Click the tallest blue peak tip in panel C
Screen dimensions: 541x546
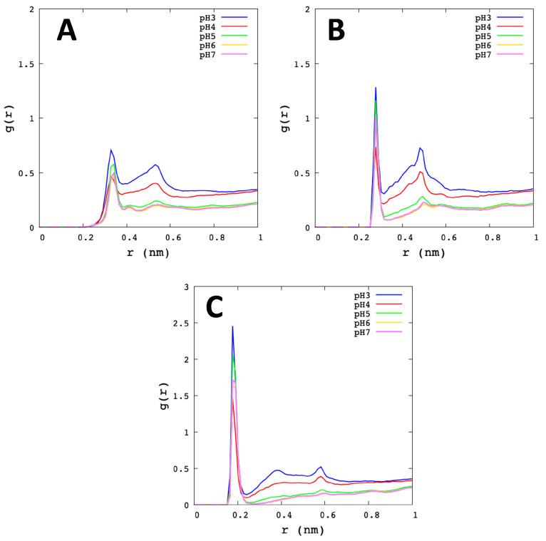[x=232, y=326]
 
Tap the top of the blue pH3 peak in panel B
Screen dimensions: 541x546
[x=376, y=88]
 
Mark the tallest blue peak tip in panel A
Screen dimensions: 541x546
[x=110, y=150]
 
